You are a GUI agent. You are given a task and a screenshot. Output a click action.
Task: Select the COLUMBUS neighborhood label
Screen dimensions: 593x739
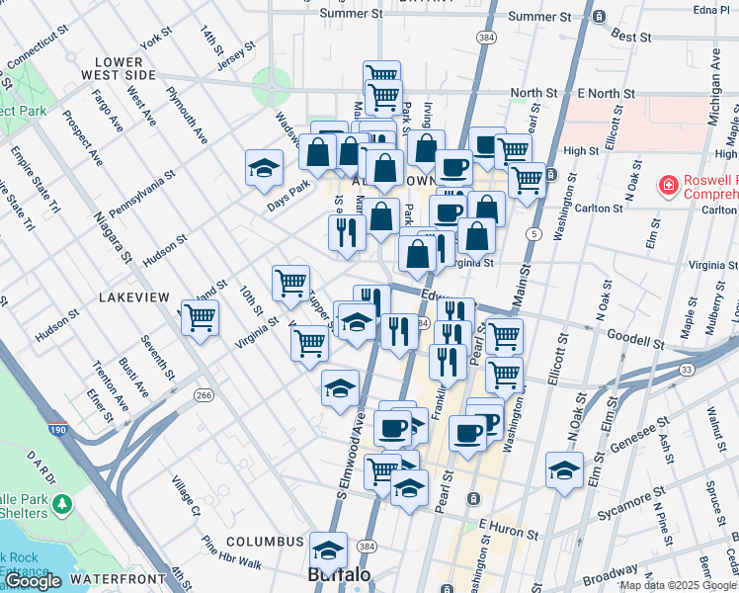[x=264, y=542]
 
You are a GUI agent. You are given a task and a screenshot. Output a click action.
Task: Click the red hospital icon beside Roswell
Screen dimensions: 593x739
[x=668, y=185]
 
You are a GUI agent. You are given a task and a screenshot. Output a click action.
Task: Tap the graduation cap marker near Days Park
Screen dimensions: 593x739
[x=264, y=168]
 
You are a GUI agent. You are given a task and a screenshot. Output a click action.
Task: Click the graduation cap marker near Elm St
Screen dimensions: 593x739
[x=564, y=469]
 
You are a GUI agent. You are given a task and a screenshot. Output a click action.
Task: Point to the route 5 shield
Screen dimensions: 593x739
[x=534, y=234]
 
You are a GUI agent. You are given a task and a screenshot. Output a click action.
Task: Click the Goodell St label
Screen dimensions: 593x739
[x=634, y=341]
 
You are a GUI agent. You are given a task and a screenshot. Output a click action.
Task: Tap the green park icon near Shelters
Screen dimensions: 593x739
[x=63, y=504]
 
